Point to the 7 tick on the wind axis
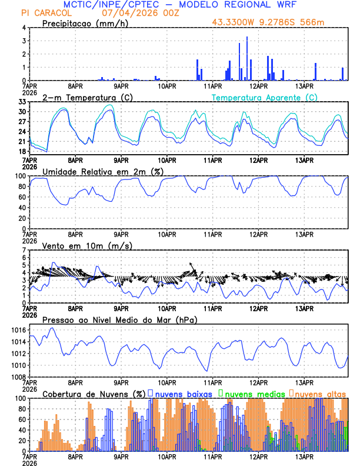click(x=25, y=250)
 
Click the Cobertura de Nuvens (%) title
click(x=94, y=394)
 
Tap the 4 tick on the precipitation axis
click(x=25, y=28)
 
